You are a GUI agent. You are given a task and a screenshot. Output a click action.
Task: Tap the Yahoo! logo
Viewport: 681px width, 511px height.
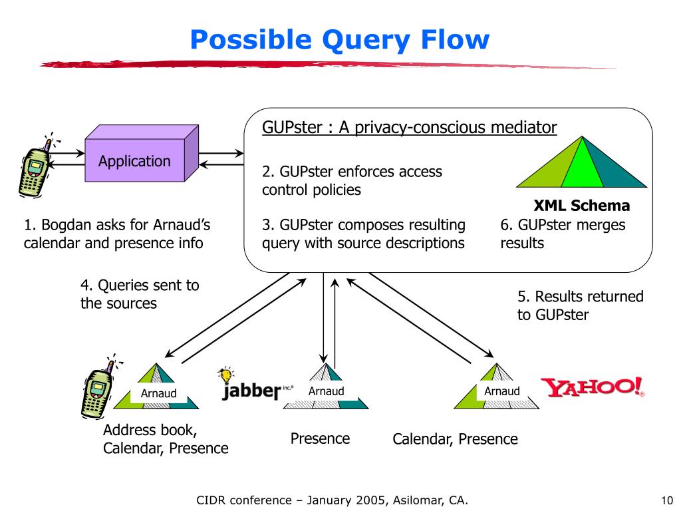pos(593,387)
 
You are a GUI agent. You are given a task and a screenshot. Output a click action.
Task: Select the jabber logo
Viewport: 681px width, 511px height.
pos(256,384)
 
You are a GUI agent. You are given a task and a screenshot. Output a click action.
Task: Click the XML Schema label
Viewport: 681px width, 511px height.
pos(581,206)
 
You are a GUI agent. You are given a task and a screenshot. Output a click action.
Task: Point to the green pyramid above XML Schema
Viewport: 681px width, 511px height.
pos(581,162)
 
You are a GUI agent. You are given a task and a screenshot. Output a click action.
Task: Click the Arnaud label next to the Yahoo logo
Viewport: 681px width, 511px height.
pos(502,391)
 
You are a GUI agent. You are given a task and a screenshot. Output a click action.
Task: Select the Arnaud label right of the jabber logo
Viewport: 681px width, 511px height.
pos(326,391)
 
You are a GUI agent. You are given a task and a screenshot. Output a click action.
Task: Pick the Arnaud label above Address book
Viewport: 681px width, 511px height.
pos(158,393)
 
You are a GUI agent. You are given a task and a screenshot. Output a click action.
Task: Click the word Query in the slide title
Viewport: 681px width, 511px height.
pos(366,41)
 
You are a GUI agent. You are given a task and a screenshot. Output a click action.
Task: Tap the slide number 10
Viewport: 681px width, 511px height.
pos(666,500)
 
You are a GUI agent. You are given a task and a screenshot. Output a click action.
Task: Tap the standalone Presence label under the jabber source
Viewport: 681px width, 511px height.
pos(320,438)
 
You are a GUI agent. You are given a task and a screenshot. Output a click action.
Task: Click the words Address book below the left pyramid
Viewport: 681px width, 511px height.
pos(150,430)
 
